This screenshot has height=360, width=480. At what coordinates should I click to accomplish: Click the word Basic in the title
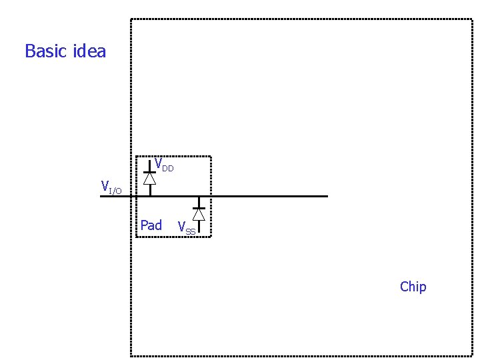44,51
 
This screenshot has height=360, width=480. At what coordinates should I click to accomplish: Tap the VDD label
163,164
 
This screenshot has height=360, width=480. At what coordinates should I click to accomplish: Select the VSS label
186,228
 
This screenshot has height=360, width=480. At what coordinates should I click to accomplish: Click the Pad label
151,225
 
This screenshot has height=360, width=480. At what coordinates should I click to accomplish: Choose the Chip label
413,287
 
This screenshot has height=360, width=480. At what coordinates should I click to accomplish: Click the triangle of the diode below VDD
150,179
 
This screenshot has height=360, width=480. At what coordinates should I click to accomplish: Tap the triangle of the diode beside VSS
199,214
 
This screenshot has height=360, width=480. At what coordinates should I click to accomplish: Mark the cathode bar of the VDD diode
150,172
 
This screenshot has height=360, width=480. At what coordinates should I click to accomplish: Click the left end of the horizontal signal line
101,196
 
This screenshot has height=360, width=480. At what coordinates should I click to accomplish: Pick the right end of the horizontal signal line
327,196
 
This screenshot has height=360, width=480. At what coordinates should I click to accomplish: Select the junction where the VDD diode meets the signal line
150,196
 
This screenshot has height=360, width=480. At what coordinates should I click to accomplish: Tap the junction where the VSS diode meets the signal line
199,196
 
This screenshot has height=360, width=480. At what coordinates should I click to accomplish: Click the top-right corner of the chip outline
472,19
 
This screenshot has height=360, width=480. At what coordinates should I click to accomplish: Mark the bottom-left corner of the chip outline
131,355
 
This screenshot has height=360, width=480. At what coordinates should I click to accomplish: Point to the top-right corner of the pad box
211,157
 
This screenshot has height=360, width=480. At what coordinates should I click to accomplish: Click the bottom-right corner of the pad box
211,236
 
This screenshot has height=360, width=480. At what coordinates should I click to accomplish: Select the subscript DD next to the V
167,169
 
